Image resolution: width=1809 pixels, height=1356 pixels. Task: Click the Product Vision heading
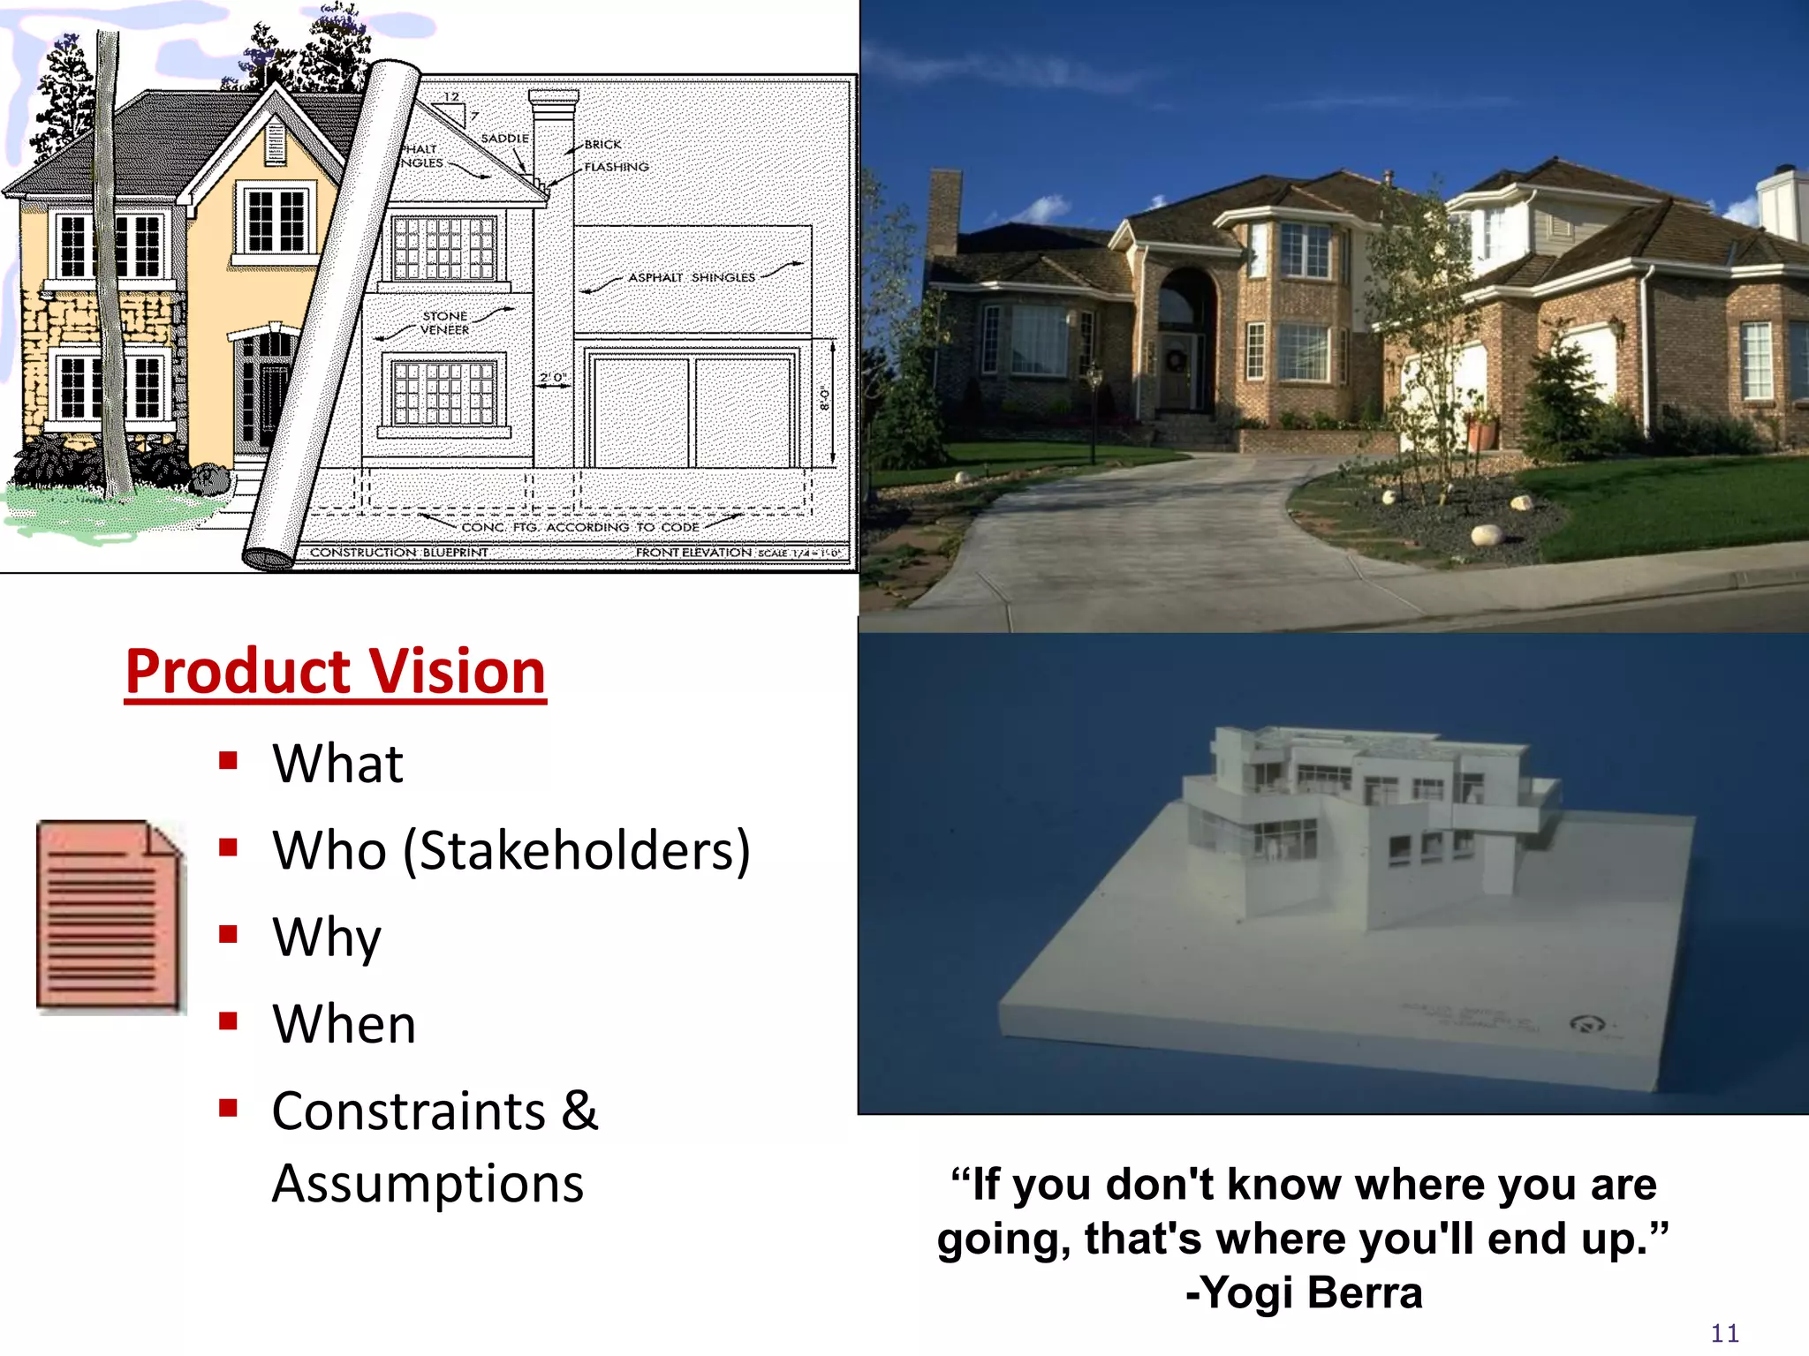[x=336, y=672]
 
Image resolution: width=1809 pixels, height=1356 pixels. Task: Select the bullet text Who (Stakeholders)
[x=511, y=850]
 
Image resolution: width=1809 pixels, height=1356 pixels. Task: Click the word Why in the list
[x=327, y=938]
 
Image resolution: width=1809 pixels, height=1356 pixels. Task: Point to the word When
[x=344, y=1024]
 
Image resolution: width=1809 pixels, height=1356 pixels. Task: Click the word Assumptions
[x=428, y=1183]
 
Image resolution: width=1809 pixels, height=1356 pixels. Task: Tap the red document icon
[x=110, y=915]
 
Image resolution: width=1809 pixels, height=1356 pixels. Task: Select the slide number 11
[x=1724, y=1333]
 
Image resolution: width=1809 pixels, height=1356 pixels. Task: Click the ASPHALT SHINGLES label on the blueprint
[x=692, y=277]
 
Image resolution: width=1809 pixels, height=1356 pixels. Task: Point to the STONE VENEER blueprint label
[x=445, y=323]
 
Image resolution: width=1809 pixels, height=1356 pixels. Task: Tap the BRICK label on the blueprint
[x=602, y=144]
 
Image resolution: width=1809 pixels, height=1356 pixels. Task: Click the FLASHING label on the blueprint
[x=617, y=167]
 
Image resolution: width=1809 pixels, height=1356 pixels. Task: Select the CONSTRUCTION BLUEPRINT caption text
[x=398, y=553]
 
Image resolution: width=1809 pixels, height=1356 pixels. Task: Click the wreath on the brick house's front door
[x=1176, y=359]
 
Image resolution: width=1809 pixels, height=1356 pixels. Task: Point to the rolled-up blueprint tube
[x=331, y=318]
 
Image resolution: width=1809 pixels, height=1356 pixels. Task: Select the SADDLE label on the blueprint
[x=504, y=139]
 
